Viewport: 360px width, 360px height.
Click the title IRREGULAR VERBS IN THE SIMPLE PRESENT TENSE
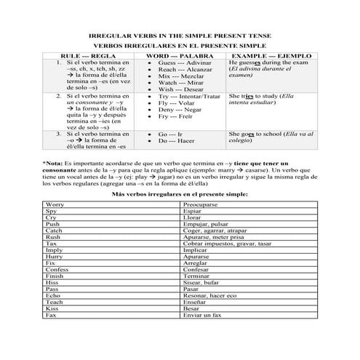pyautogui.click(x=180, y=36)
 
